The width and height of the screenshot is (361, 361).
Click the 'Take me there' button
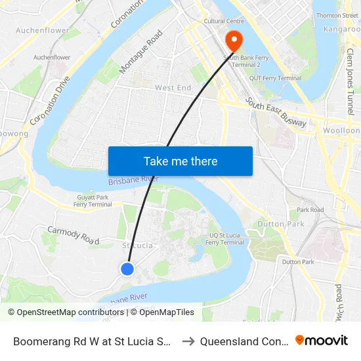point(180,161)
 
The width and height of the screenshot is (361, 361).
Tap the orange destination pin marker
point(234,41)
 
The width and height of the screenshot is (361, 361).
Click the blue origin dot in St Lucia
point(127,268)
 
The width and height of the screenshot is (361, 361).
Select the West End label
point(173,87)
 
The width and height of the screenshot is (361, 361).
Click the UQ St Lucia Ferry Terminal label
point(225,238)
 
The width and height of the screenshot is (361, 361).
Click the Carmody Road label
point(72,234)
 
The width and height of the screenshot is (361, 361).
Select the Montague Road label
point(141,52)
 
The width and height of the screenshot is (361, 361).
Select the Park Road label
point(310,210)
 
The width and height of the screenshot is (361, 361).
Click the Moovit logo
point(321,340)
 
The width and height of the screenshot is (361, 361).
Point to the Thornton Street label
point(337,15)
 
